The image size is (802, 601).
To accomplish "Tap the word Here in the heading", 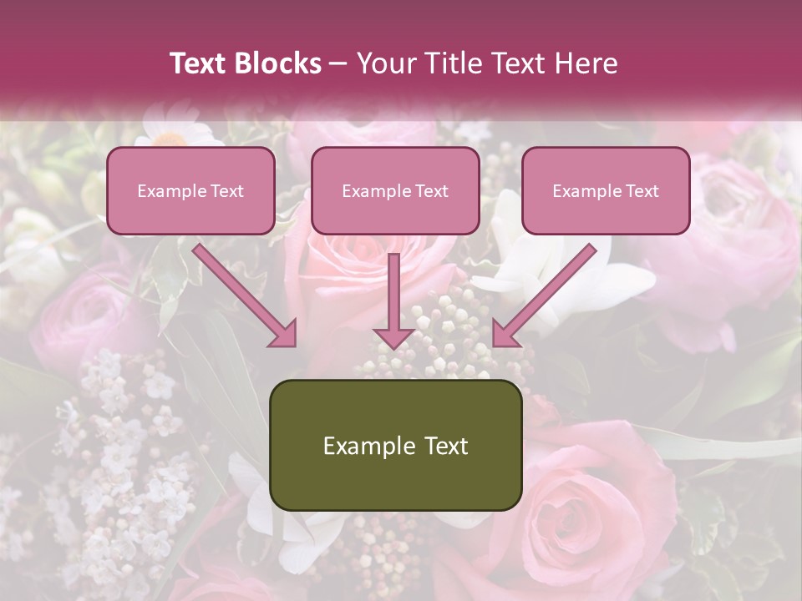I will click(x=586, y=63).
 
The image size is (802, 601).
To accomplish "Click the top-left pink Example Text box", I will click(x=190, y=190).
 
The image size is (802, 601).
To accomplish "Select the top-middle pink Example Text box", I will click(x=395, y=190).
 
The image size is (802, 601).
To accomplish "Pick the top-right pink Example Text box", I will click(x=606, y=190).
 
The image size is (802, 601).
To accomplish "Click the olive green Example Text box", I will click(x=396, y=445).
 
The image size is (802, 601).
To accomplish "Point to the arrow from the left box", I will click(x=242, y=292).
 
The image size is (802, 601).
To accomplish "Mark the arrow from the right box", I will click(x=547, y=292).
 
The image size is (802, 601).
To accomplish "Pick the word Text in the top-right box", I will click(x=642, y=191).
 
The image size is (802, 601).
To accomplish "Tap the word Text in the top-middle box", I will click(x=431, y=191).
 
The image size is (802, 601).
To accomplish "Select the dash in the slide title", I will click(x=338, y=64).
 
